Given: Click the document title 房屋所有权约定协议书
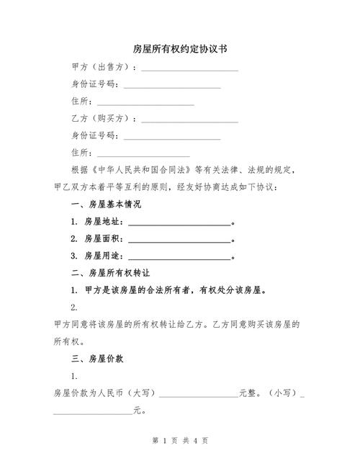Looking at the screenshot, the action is [x=181, y=49].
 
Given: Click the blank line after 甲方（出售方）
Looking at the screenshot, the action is [x=189, y=68].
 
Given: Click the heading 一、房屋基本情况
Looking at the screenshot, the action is [x=106, y=205].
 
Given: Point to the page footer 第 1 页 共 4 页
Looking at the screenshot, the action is [x=181, y=439].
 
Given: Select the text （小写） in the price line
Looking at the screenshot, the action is [x=282, y=393].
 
